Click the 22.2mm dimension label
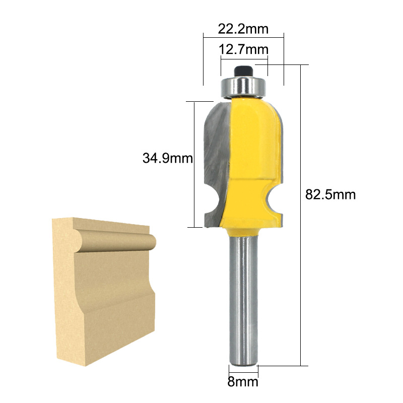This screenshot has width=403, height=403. (243, 29)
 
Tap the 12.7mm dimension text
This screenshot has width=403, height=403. (244, 49)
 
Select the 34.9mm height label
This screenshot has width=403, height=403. (168, 158)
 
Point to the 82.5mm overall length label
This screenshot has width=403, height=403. (330, 194)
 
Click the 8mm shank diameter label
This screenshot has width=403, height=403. (243, 382)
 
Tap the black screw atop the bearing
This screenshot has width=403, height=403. (243, 71)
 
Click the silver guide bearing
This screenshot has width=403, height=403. (243, 87)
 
